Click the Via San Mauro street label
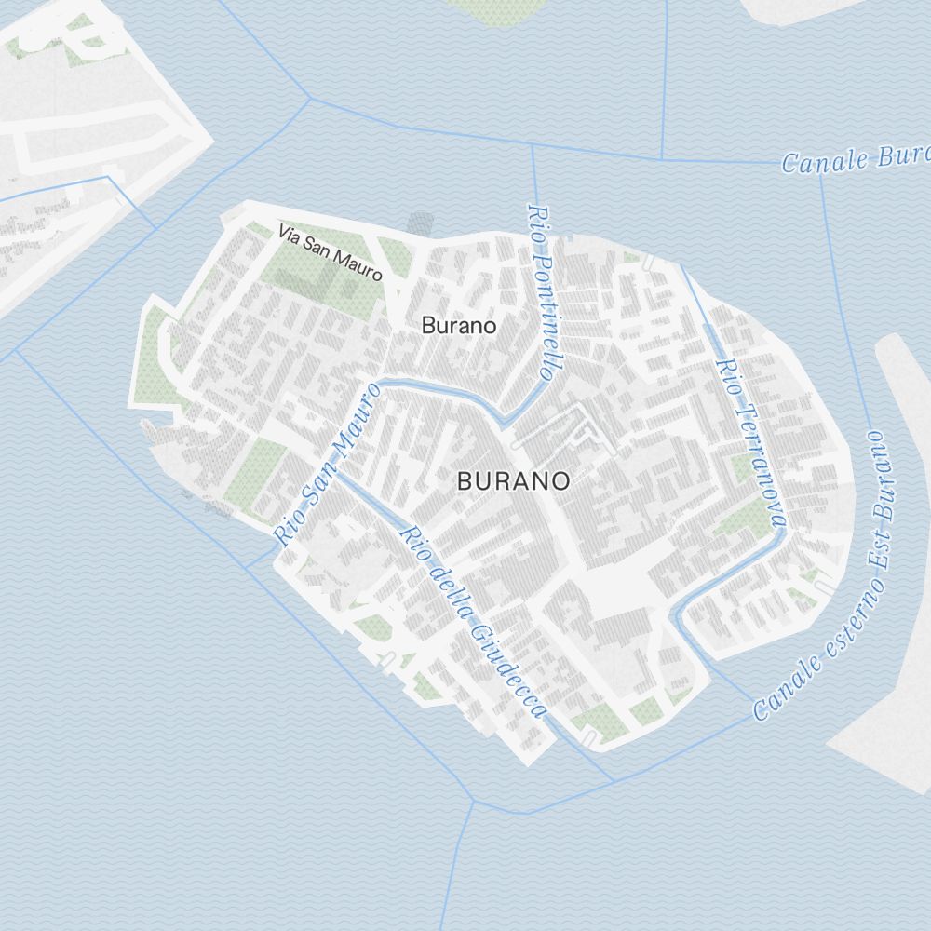(x=331, y=253)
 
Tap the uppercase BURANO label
(x=513, y=481)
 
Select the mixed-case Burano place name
(x=458, y=326)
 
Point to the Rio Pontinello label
(x=541, y=291)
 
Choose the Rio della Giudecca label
(x=471, y=621)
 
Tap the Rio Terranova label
(x=750, y=442)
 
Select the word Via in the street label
(x=290, y=237)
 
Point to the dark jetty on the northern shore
(x=421, y=223)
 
